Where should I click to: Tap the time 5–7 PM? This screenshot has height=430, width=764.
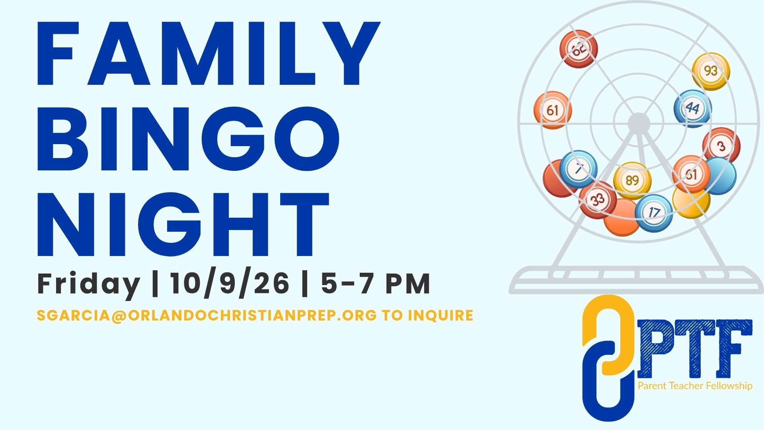[x=376, y=284]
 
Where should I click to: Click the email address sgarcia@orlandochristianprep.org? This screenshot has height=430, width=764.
[x=207, y=315]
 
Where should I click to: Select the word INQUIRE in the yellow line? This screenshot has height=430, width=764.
[x=441, y=315]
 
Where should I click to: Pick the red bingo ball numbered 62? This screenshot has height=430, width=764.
[x=579, y=49]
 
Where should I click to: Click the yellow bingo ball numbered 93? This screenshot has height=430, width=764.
[x=711, y=72]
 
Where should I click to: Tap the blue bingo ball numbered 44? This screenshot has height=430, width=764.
[x=693, y=108]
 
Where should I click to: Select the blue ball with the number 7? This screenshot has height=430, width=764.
[x=578, y=169]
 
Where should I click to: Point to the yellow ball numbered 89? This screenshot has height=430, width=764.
[x=632, y=181]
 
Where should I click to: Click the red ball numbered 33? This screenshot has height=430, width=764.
[x=598, y=199]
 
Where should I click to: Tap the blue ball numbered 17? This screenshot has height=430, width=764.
[x=654, y=213]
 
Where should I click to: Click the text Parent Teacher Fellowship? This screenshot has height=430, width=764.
[x=695, y=386]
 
